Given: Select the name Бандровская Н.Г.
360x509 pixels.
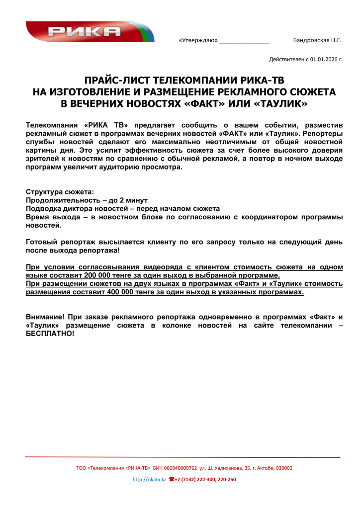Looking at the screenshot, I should pos(317,40).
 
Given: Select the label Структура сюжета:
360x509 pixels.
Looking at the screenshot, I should pos(59,191).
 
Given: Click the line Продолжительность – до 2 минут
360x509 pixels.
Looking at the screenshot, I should pos(79,200).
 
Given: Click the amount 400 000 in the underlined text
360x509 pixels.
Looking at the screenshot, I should pos(122,292).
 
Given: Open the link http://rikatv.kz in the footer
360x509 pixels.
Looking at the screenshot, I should pos(149,480).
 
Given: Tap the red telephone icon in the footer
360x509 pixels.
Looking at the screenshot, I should pos(172,480).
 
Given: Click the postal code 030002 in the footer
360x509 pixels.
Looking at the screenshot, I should pos(284,468).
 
